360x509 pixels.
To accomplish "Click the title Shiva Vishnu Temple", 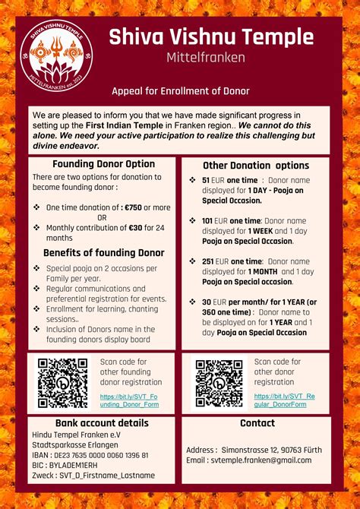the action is click(210, 36).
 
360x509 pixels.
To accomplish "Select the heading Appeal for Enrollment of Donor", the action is click(181, 91).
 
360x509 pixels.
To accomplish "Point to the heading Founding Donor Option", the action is click(103, 164).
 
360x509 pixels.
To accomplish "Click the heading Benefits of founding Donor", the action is click(103, 253).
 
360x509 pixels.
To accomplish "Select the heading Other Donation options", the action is click(256, 166).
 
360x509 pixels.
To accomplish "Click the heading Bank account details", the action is click(102, 423).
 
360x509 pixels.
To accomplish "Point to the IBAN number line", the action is click(90, 455).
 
